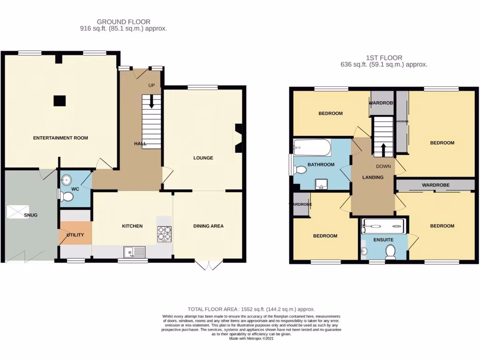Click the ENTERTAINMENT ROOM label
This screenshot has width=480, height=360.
point(60,138)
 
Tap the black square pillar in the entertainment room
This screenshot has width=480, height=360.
point(59,100)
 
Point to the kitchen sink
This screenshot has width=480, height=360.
point(135,253)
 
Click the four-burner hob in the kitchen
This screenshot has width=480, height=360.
point(165,233)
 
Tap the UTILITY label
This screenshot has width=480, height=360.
point(75,234)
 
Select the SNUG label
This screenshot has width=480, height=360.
point(31,215)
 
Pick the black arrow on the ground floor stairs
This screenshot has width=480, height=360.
point(151,102)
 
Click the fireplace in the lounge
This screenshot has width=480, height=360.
point(238,138)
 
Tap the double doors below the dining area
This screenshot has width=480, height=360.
point(209,265)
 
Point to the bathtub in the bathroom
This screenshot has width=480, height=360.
point(312,148)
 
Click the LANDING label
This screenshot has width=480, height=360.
point(373,177)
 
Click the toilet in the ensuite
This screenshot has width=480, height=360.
point(390,253)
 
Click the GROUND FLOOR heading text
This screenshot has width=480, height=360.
point(124,22)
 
